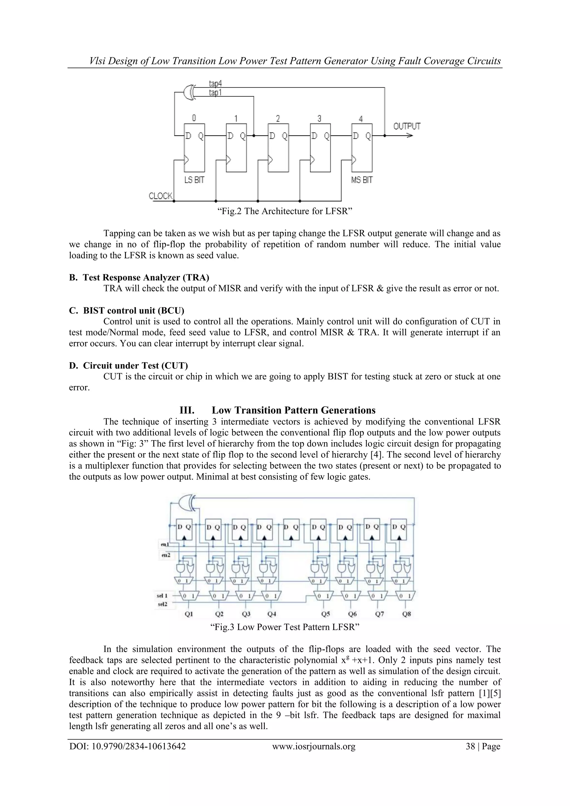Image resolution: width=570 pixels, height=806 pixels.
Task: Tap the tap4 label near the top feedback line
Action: (215, 84)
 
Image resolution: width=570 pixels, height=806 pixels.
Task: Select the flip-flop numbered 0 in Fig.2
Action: (195, 148)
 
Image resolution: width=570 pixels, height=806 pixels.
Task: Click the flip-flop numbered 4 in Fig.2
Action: (362, 148)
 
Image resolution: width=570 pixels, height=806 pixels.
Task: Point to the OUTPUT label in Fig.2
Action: (406, 126)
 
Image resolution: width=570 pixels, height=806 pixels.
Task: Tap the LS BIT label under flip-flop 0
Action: (194, 180)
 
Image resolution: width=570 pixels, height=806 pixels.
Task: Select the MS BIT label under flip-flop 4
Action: (362, 180)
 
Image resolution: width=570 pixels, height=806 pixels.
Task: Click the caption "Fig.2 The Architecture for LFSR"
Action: (285, 211)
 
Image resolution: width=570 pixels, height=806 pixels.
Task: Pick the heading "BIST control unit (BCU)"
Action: (133, 311)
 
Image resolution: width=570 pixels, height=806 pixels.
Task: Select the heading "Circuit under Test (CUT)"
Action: (135, 366)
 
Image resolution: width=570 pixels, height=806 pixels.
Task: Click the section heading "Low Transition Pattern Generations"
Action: (293, 410)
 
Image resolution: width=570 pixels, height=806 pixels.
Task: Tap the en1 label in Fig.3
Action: (165, 545)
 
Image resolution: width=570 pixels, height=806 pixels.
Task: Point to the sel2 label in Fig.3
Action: (162, 604)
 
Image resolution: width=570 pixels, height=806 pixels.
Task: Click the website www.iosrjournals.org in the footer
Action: (314, 746)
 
